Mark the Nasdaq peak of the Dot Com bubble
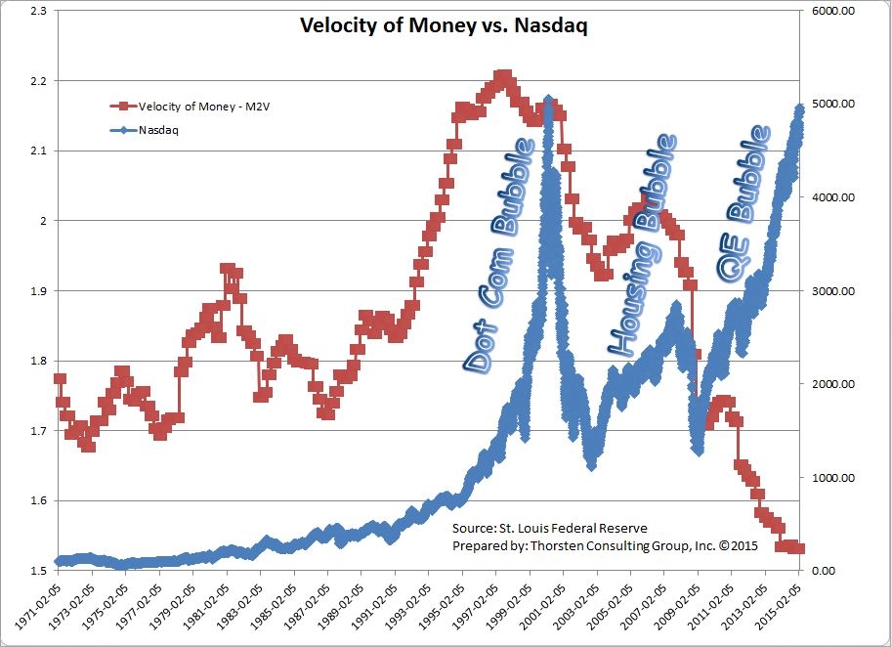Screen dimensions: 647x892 [549, 100]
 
